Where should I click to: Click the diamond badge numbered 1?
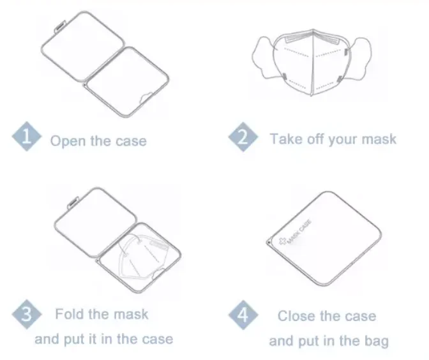coord(27,136)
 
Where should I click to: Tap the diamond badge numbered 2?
coord(243,137)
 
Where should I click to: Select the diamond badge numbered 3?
coord(27,314)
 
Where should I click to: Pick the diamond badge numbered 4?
coord(243,315)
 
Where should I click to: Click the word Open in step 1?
coord(67,142)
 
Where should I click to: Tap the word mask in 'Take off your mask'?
coord(379,139)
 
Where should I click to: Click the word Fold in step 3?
coord(69,314)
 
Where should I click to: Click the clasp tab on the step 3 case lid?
coord(73,202)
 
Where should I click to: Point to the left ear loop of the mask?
coord(264,57)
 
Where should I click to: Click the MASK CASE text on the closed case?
coord(299,232)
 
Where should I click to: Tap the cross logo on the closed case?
coord(282,241)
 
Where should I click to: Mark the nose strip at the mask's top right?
coord(326,38)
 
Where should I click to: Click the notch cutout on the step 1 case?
coord(146,98)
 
